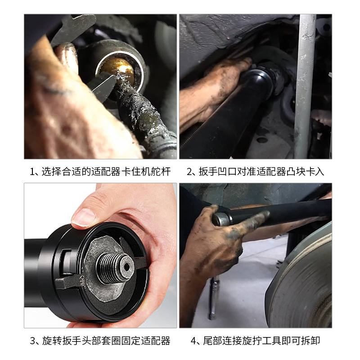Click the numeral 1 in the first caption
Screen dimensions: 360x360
(x=32, y=171)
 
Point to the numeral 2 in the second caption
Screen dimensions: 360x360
(x=189, y=171)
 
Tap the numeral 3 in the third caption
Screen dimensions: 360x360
(x=32, y=341)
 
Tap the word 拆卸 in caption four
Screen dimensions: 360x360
(x=310, y=341)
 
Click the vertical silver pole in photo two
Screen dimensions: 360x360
(x=306, y=85)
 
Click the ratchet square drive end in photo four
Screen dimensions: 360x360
(x=221, y=220)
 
